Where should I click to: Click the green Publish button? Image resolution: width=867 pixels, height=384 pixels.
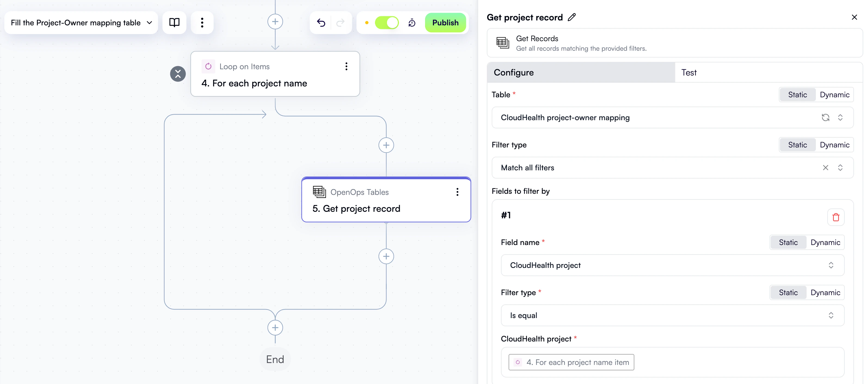[x=445, y=23]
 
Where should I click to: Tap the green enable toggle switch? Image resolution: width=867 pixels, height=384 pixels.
[x=387, y=23]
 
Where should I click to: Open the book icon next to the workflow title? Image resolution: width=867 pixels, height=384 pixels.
[x=174, y=23]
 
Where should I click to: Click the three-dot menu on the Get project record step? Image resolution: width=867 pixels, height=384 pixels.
[x=457, y=192]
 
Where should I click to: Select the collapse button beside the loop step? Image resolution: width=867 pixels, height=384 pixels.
[x=178, y=74]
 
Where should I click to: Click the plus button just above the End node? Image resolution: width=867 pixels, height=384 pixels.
[x=275, y=328]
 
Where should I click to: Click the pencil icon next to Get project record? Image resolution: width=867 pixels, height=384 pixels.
[x=572, y=17]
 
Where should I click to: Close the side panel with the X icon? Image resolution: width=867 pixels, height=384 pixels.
[x=854, y=17]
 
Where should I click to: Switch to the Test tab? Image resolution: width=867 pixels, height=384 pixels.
[x=688, y=72]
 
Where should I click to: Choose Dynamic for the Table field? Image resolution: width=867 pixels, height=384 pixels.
[x=834, y=95]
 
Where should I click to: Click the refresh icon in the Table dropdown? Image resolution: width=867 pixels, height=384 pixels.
[x=825, y=118]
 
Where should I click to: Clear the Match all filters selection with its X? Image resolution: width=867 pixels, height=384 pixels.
[x=825, y=168]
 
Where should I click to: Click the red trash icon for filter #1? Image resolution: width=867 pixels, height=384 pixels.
[x=836, y=217]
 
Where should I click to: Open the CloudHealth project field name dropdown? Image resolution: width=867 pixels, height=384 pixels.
[x=672, y=265]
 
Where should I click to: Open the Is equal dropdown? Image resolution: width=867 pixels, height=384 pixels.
[x=672, y=316]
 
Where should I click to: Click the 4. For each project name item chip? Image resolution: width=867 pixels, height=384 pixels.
[x=571, y=362]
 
